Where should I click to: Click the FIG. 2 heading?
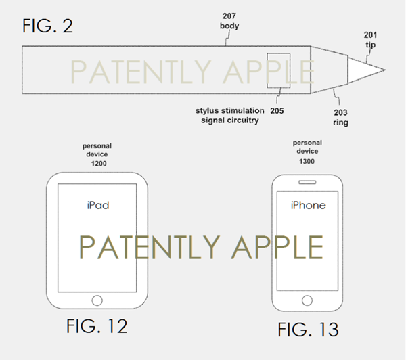pyautogui.click(x=47, y=26)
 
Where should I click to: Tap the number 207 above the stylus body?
pyautogui.click(x=229, y=16)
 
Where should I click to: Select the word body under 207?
pyautogui.click(x=229, y=26)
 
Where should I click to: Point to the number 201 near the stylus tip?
pyautogui.click(x=370, y=35)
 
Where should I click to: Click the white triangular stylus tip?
pyautogui.click(x=363, y=70)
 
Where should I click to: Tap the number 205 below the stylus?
pyautogui.click(x=277, y=111)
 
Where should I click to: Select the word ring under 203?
pyautogui.click(x=340, y=122)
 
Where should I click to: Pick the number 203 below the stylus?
pyautogui.click(x=340, y=112)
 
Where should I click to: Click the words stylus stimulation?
pyautogui.click(x=229, y=110)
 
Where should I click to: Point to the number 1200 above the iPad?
pyautogui.click(x=99, y=164)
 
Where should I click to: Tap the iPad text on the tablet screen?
pyautogui.click(x=98, y=206)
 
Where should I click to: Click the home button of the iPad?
pyautogui.click(x=97, y=300)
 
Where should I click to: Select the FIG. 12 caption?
pyautogui.click(x=97, y=326)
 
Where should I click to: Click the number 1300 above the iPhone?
pyautogui.click(x=307, y=162)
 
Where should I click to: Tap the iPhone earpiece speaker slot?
pyautogui.click(x=307, y=182)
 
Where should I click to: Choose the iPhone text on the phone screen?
pyautogui.click(x=308, y=206)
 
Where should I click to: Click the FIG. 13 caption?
pyautogui.click(x=308, y=330)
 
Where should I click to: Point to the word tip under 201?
pyautogui.click(x=371, y=45)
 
